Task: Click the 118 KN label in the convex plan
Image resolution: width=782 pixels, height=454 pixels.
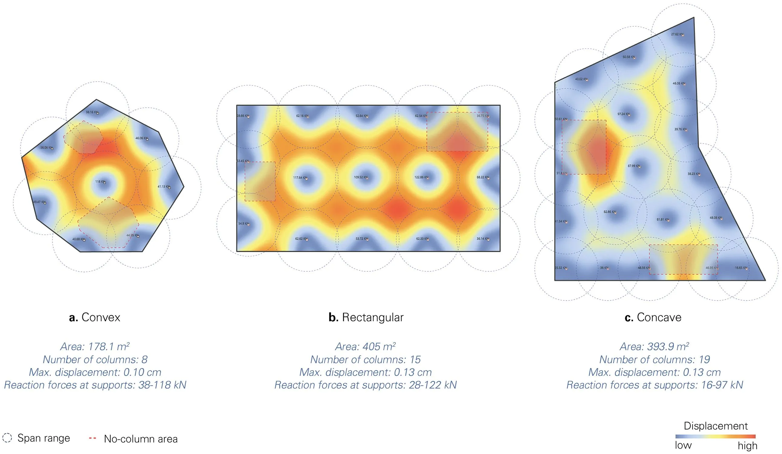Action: [100, 182]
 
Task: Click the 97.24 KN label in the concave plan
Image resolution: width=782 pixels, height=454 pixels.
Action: [623, 114]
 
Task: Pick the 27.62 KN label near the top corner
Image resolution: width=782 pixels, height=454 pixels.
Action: [677, 34]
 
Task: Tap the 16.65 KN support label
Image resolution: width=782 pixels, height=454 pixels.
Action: [741, 268]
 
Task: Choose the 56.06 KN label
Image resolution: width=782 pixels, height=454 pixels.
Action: [47, 148]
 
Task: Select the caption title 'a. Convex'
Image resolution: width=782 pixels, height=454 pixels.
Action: [94, 317]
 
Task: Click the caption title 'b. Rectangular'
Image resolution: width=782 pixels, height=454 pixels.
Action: [366, 317]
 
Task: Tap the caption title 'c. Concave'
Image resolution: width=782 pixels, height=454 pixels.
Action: [653, 317]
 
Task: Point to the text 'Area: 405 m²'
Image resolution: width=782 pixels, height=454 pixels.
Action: [365, 346]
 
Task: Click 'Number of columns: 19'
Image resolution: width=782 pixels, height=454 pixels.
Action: [654, 359]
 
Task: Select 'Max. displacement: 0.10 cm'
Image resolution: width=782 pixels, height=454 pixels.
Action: [95, 372]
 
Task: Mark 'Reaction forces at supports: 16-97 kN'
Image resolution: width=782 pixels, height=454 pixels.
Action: [655, 385]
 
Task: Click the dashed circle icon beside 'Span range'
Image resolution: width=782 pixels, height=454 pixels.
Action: [7, 438]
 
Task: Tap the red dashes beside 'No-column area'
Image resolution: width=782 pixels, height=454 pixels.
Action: [92, 438]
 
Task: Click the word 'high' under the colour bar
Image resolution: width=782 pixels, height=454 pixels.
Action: [747, 446]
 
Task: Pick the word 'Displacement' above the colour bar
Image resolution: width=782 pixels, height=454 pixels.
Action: [716, 426]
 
